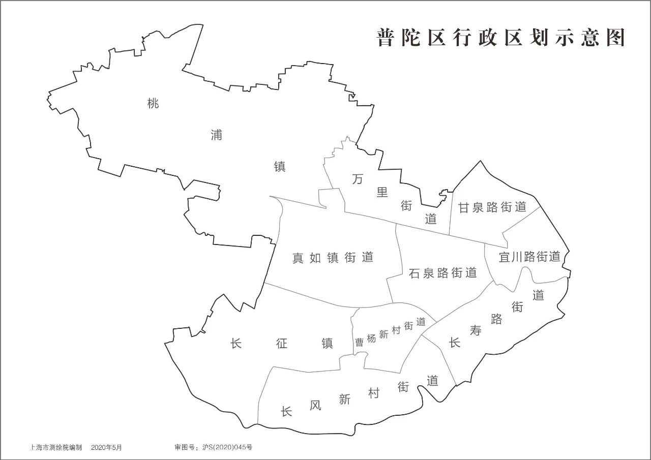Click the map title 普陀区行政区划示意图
pyautogui.click(x=500, y=38)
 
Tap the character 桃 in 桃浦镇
pyautogui.click(x=153, y=104)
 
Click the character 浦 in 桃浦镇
pyautogui.click(x=217, y=135)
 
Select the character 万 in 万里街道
pyautogui.click(x=359, y=179)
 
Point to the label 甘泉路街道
pyautogui.click(x=492, y=207)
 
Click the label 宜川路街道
pyautogui.click(x=529, y=257)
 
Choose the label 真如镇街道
pyautogui.click(x=333, y=258)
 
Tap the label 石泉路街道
pyautogui.click(x=443, y=273)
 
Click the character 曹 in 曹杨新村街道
pyautogui.click(x=359, y=342)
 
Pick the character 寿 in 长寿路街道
pyautogui.click(x=476, y=331)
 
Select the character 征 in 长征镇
pyautogui.click(x=282, y=344)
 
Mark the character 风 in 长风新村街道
pyautogui.click(x=315, y=405)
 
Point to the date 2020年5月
pyautogui.click(x=107, y=448)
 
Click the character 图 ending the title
pyautogui.click(x=615, y=38)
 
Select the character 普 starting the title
pyautogui.click(x=386, y=38)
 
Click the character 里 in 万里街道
pyautogui.click(x=382, y=192)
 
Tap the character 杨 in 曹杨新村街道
pyautogui.click(x=371, y=339)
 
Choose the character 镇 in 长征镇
pyautogui.click(x=327, y=344)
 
